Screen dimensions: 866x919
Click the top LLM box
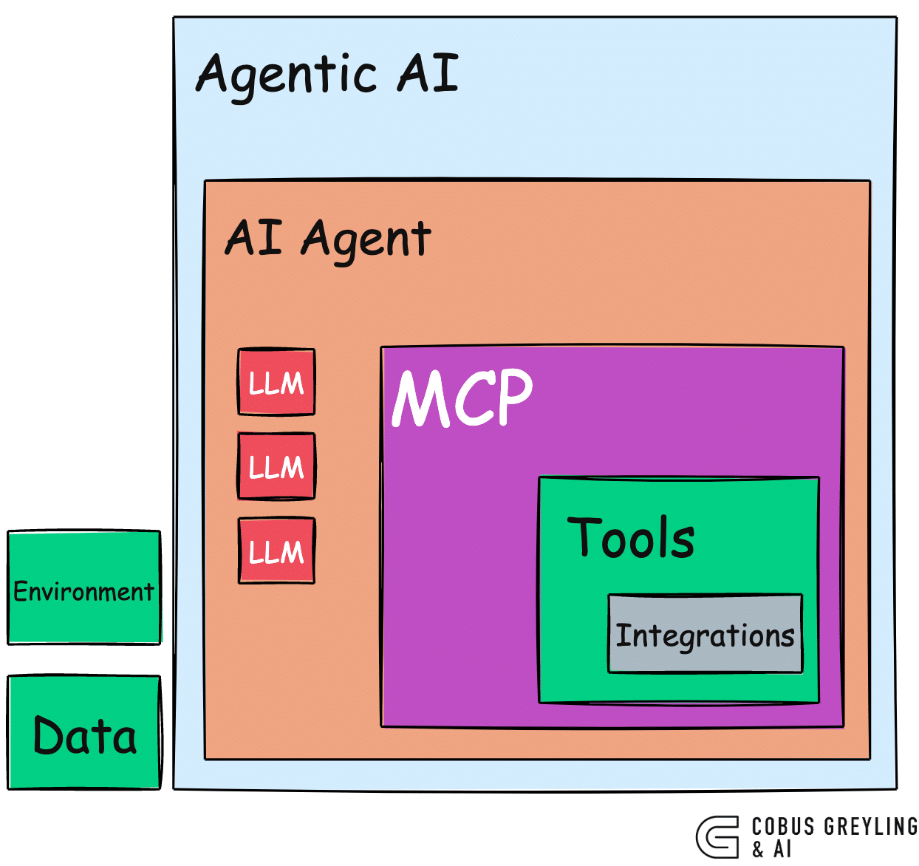pyautogui.click(x=276, y=382)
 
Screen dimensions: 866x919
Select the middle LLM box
pyautogui.click(x=276, y=466)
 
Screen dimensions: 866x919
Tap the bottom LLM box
pyautogui.click(x=276, y=551)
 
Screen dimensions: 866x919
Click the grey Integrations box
pyautogui.click(x=705, y=634)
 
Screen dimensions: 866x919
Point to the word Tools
pyautogui.click(x=631, y=537)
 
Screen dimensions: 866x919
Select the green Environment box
pyautogui.click(x=83, y=588)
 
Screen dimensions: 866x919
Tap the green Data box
pyautogui.click(x=83, y=733)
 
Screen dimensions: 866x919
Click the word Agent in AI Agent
pyautogui.click(x=366, y=239)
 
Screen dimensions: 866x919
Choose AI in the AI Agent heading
pyautogui.click(x=253, y=237)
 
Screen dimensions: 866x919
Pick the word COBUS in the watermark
pyautogui.click(x=783, y=827)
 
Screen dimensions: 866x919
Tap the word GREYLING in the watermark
pyautogui.click(x=870, y=827)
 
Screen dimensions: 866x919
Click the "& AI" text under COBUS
pyautogui.click(x=772, y=850)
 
